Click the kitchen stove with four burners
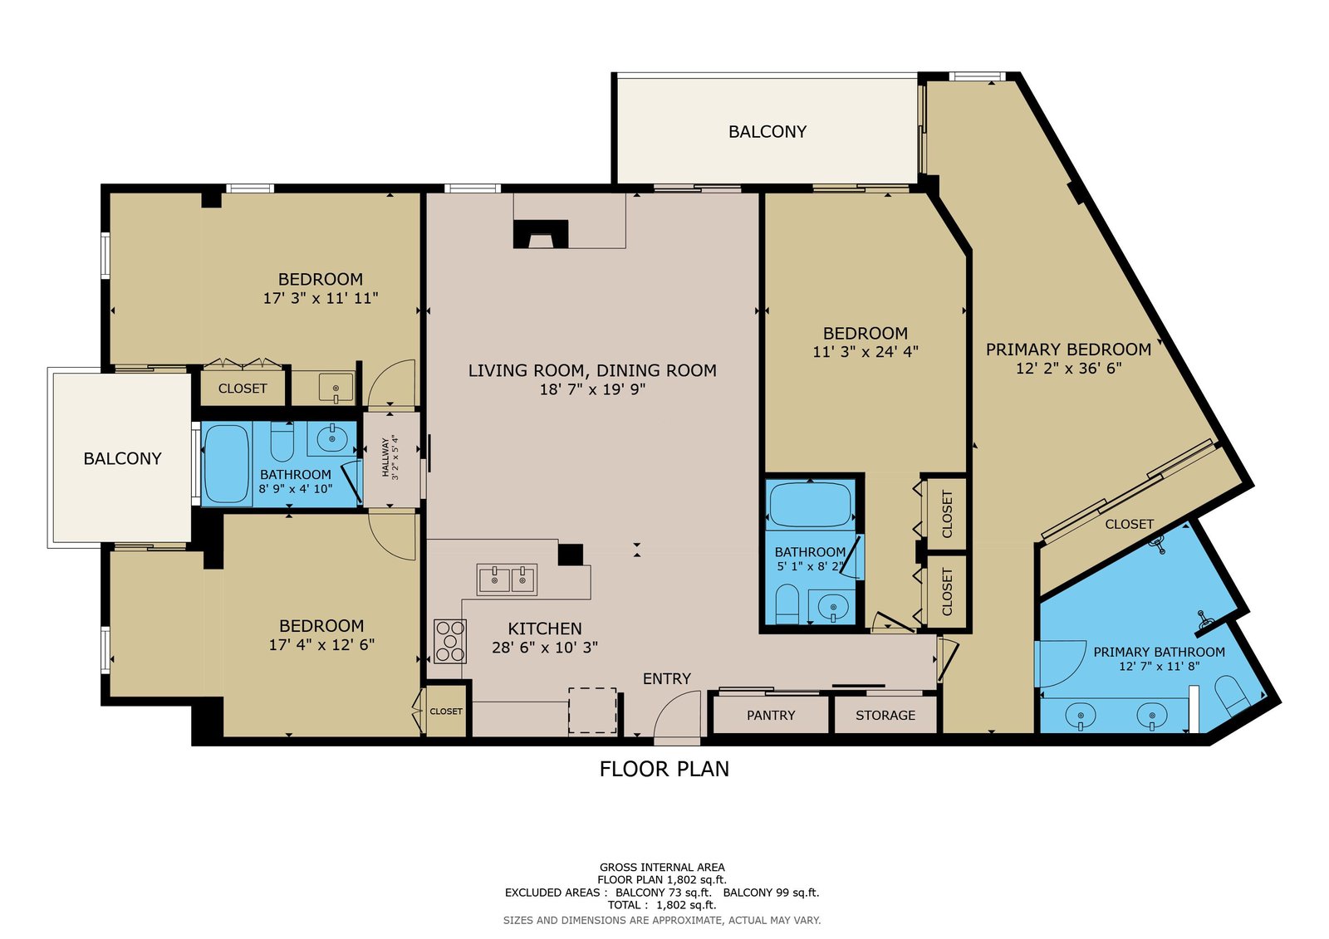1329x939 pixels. (449, 641)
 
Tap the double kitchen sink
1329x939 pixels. (507, 580)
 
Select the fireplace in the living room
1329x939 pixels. (541, 233)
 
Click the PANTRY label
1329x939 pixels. (771, 716)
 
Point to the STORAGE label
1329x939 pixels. (885, 716)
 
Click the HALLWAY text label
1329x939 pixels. (385, 457)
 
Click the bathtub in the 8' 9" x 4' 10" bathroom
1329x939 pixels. (226, 464)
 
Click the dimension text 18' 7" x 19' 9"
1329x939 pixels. (592, 389)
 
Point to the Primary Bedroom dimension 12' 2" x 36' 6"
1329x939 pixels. (1068, 369)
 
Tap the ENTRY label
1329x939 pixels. (667, 678)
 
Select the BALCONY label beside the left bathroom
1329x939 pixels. (122, 458)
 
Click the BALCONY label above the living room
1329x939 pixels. (767, 132)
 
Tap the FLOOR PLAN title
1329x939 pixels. (664, 769)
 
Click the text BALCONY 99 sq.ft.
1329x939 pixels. (771, 893)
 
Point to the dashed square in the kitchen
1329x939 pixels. (592, 711)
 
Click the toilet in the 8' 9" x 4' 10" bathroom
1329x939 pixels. (282, 441)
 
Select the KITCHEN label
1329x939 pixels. (545, 628)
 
